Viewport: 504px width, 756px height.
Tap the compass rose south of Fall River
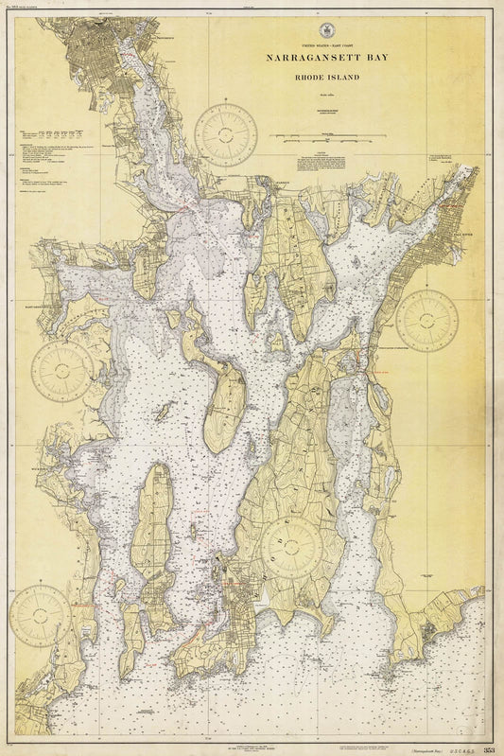click(426, 321)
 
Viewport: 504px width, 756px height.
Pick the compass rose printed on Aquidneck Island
click(292, 548)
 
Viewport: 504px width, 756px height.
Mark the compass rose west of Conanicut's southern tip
click(40, 615)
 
